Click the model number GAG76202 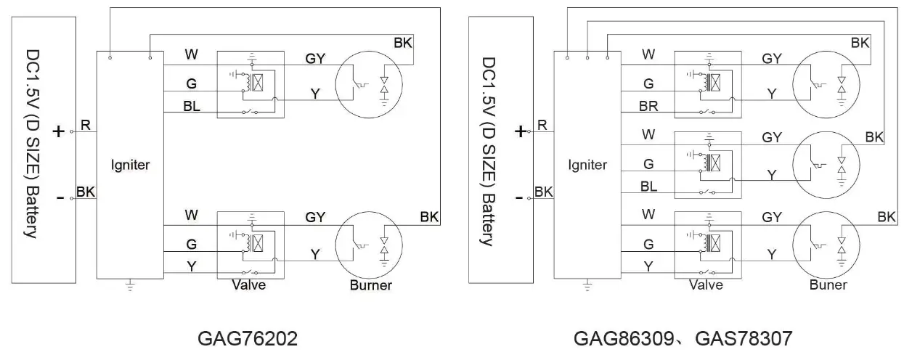[247, 339]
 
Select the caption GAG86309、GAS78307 [683, 339]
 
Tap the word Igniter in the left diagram [131, 165]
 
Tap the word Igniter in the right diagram [587, 165]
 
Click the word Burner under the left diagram [370, 285]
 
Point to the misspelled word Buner [828, 285]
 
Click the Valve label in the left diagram [248, 285]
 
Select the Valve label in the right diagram [706, 285]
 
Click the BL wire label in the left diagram [192, 106]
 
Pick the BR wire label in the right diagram [649, 106]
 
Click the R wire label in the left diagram [85, 126]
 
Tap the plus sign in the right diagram [520, 131]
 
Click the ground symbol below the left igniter [131, 285]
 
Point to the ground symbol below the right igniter [587, 285]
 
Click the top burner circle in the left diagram [368, 83]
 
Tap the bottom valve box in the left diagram [250, 245]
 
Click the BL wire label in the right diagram [649, 187]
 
